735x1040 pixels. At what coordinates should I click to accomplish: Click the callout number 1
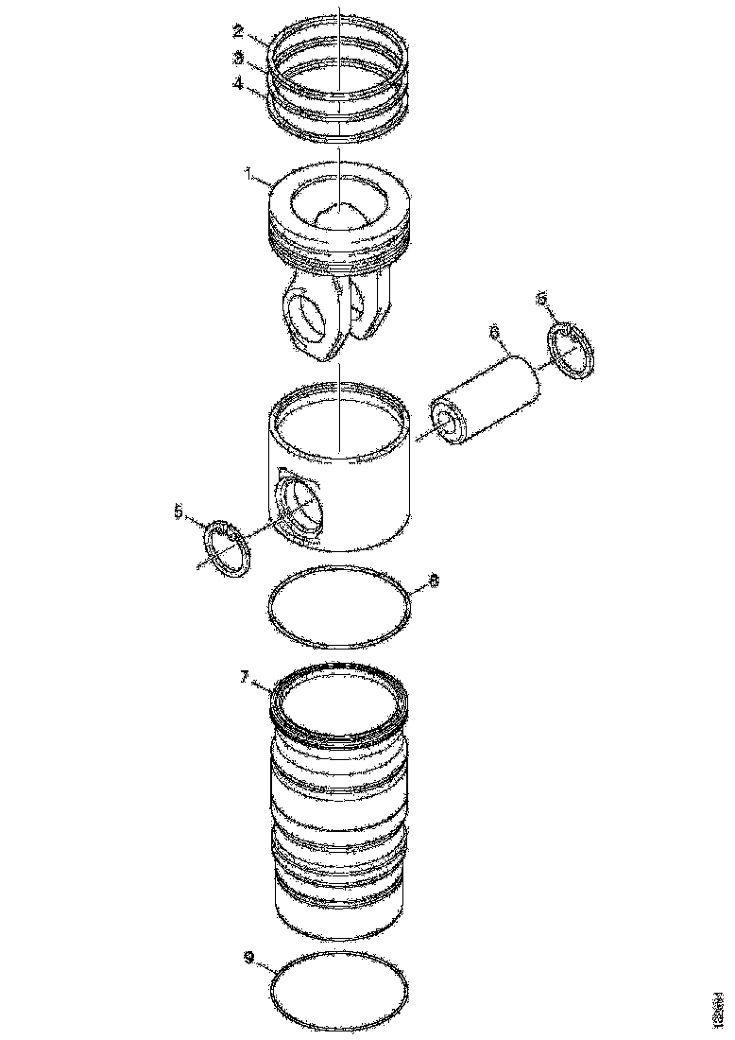(x=248, y=173)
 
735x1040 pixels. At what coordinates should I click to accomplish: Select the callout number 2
(x=239, y=30)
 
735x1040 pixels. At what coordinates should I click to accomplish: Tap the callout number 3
(x=239, y=57)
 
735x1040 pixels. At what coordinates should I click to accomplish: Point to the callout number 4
(x=239, y=84)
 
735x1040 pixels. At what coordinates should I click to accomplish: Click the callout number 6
(x=493, y=332)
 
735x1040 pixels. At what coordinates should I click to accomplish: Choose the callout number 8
(x=434, y=582)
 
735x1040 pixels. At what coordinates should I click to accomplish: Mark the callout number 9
(x=248, y=957)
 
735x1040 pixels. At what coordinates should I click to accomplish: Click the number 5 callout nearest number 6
(x=541, y=298)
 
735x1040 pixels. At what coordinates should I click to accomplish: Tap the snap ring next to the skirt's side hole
(x=228, y=547)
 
